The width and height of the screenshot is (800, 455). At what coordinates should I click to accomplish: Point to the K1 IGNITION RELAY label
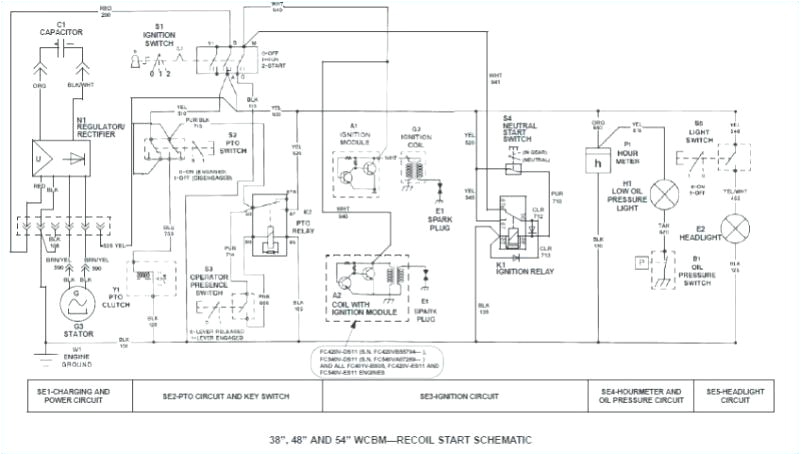521,268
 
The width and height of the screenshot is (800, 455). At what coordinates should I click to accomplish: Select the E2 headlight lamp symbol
735,229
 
